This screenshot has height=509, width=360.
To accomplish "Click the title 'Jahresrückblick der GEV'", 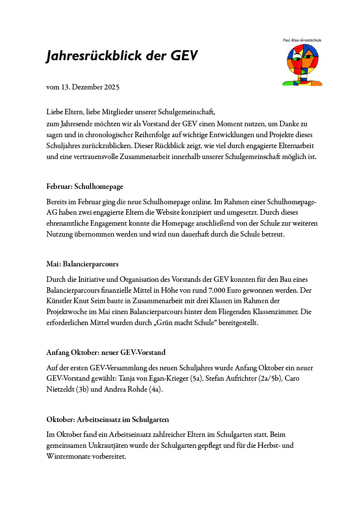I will (x=122, y=56).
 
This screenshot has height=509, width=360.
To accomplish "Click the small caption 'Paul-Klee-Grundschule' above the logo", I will (x=302, y=40).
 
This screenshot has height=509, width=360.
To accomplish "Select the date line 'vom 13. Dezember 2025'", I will (x=83, y=87).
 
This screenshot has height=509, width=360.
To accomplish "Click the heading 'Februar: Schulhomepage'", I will (x=85, y=186).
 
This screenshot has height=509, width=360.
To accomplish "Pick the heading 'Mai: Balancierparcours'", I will (x=82, y=263).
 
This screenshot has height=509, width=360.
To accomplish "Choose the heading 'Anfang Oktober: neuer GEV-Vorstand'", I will (x=105, y=352).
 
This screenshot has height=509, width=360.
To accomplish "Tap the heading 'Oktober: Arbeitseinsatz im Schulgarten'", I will (x=111, y=420).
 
